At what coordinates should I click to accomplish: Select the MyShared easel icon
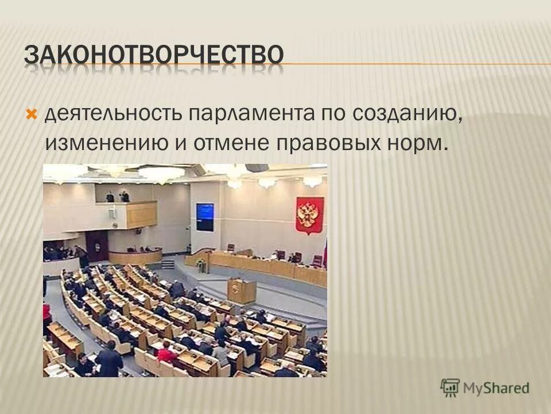[x=450, y=387]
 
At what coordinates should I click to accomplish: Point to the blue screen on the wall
[x=205, y=217]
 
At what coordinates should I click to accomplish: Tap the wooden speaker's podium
[x=242, y=290]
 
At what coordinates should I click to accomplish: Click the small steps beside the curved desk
[x=168, y=263]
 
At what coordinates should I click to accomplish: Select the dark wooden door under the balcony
[x=96, y=245]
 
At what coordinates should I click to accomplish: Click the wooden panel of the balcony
[x=141, y=215]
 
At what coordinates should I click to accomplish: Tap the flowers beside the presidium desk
[x=200, y=265]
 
